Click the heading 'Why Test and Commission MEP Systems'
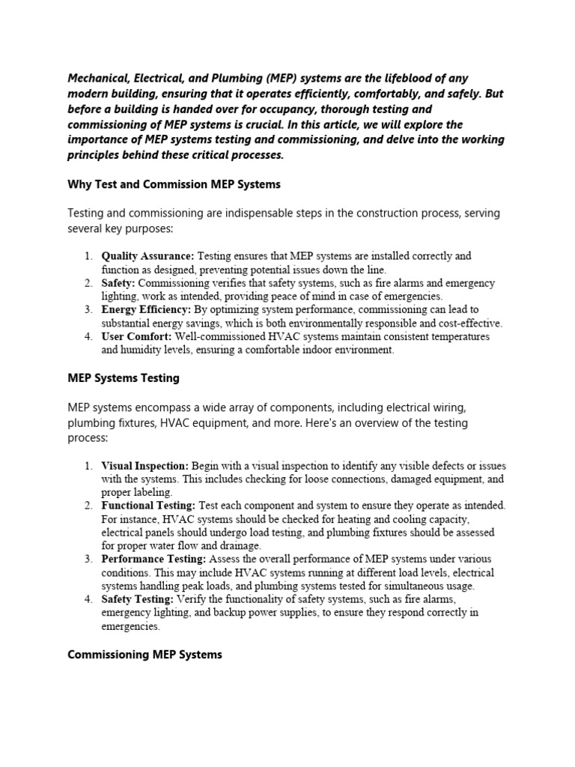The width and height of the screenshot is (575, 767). pos(174,184)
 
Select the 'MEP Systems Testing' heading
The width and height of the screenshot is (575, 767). pos(124,378)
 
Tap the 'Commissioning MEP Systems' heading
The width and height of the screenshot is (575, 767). pos(144,655)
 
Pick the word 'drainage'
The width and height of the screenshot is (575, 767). pos(237,546)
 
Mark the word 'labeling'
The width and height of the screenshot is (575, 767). pos(153,492)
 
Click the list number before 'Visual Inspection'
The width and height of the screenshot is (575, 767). pos(89,465)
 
